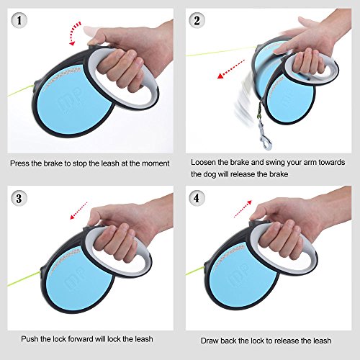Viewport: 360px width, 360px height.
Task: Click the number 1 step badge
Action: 19,20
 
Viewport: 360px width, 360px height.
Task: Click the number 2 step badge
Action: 197,20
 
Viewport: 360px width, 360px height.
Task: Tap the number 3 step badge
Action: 19,198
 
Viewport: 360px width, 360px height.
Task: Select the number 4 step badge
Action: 197,198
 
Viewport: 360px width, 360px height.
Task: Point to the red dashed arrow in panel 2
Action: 230,69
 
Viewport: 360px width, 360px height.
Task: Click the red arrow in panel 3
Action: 78,211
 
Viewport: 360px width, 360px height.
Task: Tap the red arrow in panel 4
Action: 243,209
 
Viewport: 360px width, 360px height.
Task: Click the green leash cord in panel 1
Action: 20,91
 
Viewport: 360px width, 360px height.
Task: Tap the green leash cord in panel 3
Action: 24,279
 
